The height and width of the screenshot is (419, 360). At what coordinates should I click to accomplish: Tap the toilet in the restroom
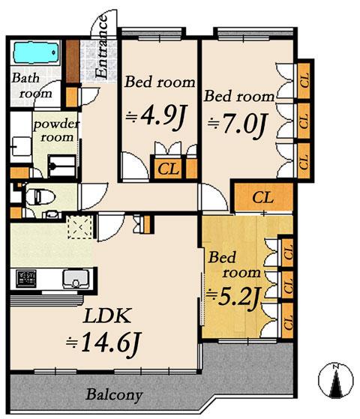(35, 198)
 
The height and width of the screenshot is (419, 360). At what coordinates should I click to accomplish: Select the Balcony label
(113, 394)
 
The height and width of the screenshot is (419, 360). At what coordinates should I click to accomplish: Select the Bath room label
(28, 87)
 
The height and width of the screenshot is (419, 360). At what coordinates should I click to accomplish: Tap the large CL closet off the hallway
(262, 198)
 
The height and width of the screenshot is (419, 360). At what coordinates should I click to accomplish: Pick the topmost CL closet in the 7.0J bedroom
(304, 82)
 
